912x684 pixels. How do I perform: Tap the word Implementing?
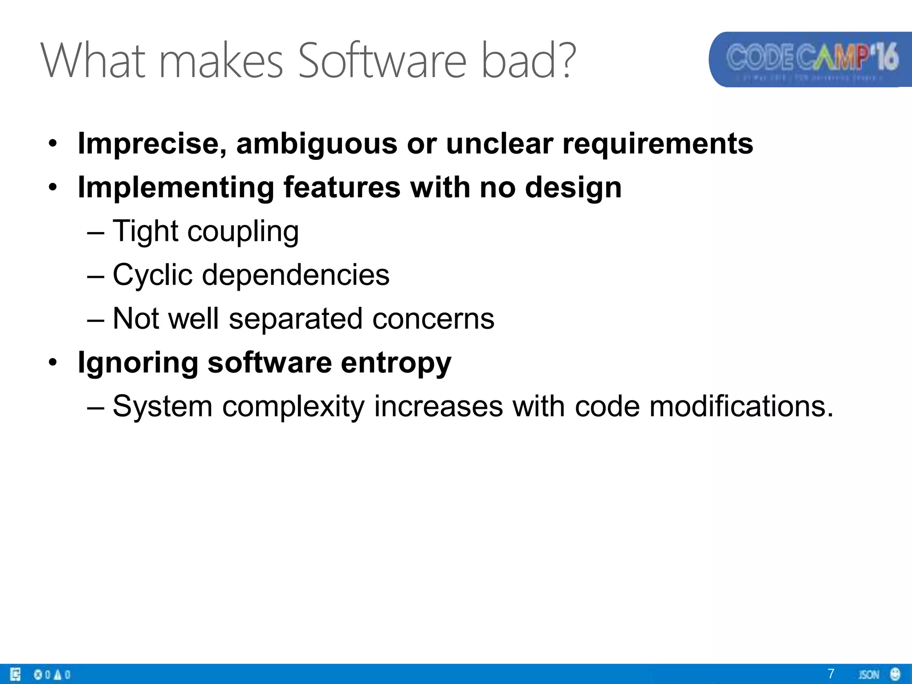175,188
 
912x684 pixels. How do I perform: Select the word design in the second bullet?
573,188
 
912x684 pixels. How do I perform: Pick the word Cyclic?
152,275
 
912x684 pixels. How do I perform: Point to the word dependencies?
296,275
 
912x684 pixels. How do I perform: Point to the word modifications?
741,407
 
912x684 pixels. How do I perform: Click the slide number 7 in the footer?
831,673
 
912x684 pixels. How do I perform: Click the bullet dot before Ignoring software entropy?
53,362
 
